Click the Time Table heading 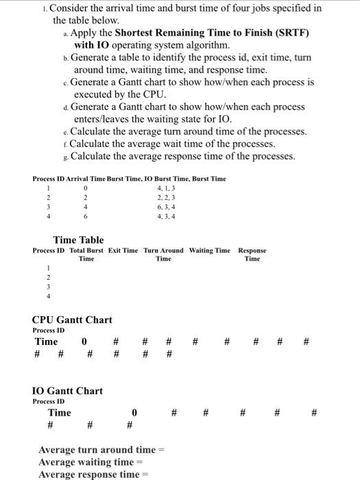click(x=79, y=240)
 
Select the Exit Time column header click(x=123, y=250)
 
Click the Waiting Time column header click(x=210, y=250)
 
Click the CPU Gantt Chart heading click(x=72, y=320)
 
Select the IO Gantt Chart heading click(x=67, y=391)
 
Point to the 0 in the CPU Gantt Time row click(x=84, y=341)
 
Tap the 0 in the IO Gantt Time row click(x=134, y=412)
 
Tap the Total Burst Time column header click(x=86, y=254)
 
